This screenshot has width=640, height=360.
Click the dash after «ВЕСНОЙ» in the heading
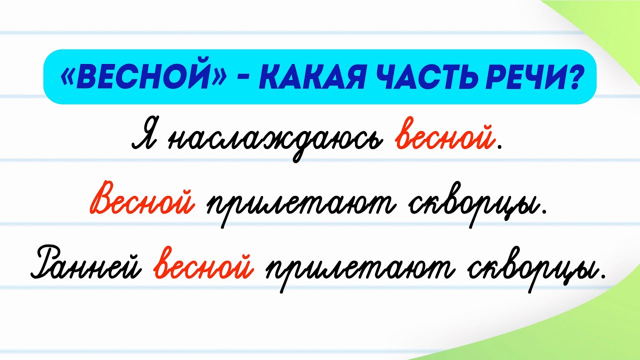[x=235, y=77]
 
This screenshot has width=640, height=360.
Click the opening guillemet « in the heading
[x=66, y=76]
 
